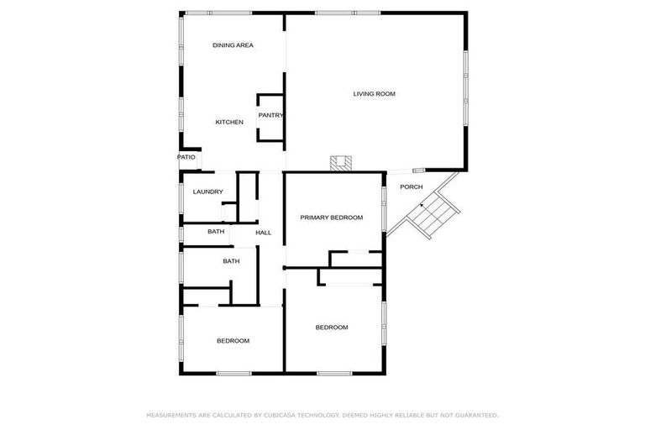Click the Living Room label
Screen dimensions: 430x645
pos(374,93)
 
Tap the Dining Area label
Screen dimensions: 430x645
pos(233,45)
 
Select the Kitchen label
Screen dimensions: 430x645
pos(229,123)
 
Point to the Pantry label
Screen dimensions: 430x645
pos(270,116)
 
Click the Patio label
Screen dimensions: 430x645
pos(186,157)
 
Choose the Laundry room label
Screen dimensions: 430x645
pos(207,192)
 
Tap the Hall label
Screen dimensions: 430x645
pos(264,233)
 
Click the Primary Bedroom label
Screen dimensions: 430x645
pos(332,218)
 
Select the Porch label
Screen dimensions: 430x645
pos(412,186)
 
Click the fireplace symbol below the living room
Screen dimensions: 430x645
pos(340,163)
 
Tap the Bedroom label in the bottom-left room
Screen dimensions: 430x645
pos(233,340)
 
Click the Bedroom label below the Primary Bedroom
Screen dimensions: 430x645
pos(332,327)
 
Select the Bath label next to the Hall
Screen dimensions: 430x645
pos(216,232)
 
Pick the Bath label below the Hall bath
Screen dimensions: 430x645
pos(231,261)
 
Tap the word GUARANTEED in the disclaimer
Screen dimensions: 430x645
pos(475,415)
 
